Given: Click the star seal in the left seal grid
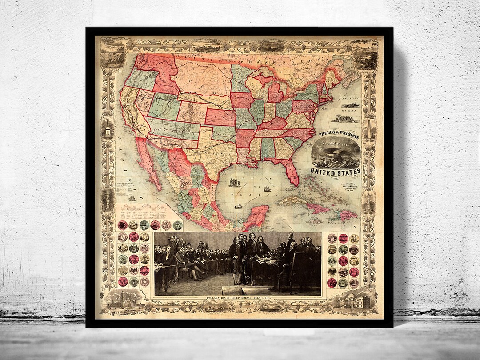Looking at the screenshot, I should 144,281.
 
